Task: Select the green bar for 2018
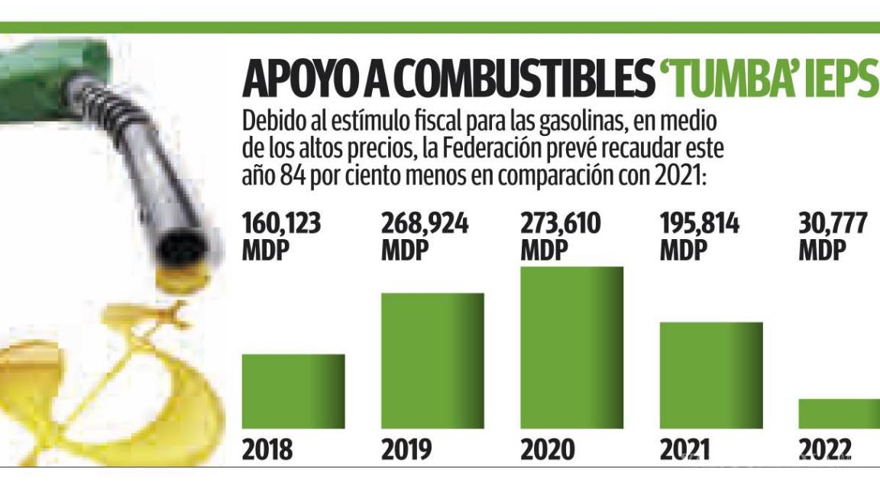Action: click(293, 391)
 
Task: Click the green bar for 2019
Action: click(432, 361)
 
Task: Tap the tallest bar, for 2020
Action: click(571, 348)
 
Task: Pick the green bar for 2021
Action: click(711, 375)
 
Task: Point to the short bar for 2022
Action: click(839, 413)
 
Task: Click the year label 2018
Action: click(267, 450)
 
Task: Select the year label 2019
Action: click(406, 450)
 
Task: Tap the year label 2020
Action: click(546, 450)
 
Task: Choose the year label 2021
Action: click(685, 450)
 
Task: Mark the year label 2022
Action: click(825, 450)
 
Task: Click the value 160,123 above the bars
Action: click(282, 225)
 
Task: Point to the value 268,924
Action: click(425, 225)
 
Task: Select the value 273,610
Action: click(561, 225)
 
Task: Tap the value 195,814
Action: click(700, 225)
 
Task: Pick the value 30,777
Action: click(833, 225)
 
